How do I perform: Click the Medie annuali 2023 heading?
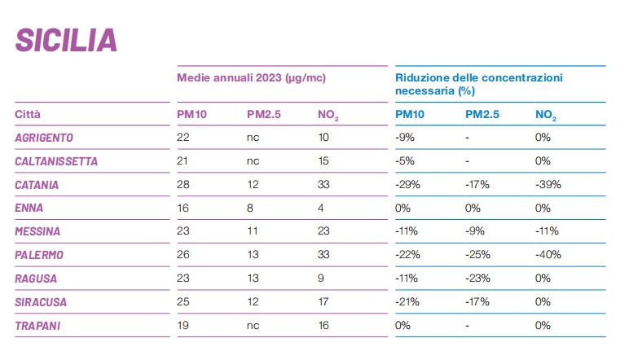coord(252,78)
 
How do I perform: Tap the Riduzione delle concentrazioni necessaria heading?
coord(479,84)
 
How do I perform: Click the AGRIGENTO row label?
coord(45,138)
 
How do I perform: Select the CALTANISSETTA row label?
coord(56,161)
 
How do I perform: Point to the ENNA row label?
coord(29,209)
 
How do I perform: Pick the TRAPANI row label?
coord(38,327)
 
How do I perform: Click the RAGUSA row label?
coord(37,279)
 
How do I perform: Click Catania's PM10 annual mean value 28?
coord(183,185)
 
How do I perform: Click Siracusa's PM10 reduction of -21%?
coord(407,303)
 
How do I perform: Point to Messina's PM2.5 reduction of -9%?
coord(474,232)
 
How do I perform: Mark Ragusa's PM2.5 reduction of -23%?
coord(477,279)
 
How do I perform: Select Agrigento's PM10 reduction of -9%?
coord(405,138)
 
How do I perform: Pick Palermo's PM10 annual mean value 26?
coord(183,256)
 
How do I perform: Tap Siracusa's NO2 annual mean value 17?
coord(323,303)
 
